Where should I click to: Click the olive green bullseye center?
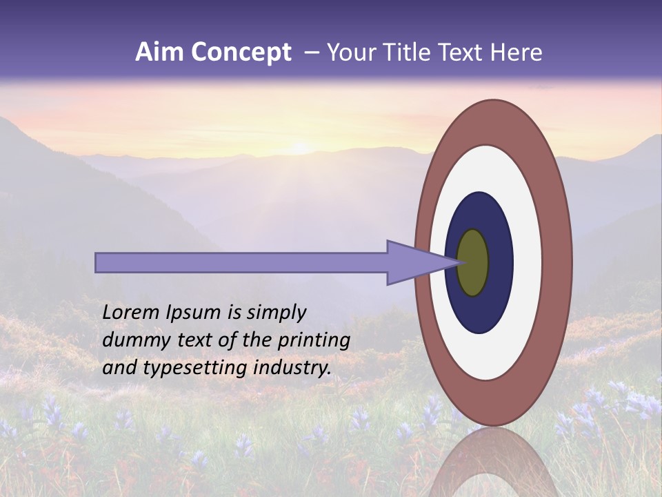[473, 262]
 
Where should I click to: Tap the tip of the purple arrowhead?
[460, 262]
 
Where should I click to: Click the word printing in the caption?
[314, 340]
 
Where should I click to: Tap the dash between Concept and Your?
[311, 52]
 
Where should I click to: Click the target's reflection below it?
[492, 462]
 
